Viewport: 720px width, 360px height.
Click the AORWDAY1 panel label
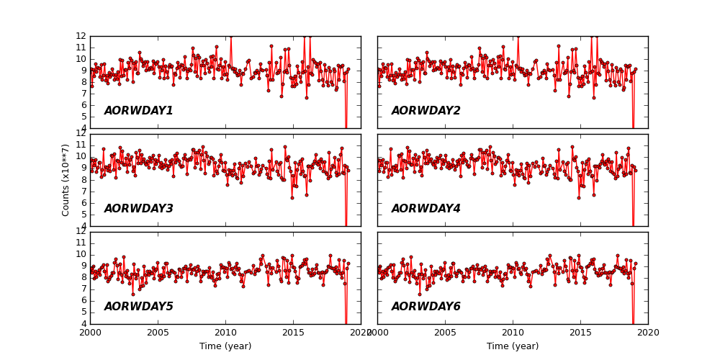138,111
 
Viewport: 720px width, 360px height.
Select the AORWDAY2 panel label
426,111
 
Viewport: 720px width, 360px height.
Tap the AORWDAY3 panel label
138,209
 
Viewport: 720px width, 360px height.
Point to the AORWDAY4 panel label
426,209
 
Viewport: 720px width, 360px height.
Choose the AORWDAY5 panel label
138,307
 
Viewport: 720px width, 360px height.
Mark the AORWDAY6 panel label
426,307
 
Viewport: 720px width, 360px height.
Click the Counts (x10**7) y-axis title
66,180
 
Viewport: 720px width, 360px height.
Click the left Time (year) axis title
225,346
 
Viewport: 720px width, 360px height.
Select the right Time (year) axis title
513,346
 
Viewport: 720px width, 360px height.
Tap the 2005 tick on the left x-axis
158,333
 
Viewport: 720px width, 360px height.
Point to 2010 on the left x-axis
225,333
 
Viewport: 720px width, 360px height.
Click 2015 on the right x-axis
580,333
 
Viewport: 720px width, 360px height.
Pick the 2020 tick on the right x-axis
648,333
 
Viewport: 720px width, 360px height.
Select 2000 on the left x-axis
90,333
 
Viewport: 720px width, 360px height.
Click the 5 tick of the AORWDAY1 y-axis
84,117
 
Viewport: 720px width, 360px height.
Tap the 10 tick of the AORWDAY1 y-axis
81,59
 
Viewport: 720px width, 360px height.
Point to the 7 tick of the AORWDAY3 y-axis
84,192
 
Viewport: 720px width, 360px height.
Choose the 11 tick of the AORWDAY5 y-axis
81,243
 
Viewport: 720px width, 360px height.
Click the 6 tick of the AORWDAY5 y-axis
84,300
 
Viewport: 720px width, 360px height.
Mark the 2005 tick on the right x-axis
445,333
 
